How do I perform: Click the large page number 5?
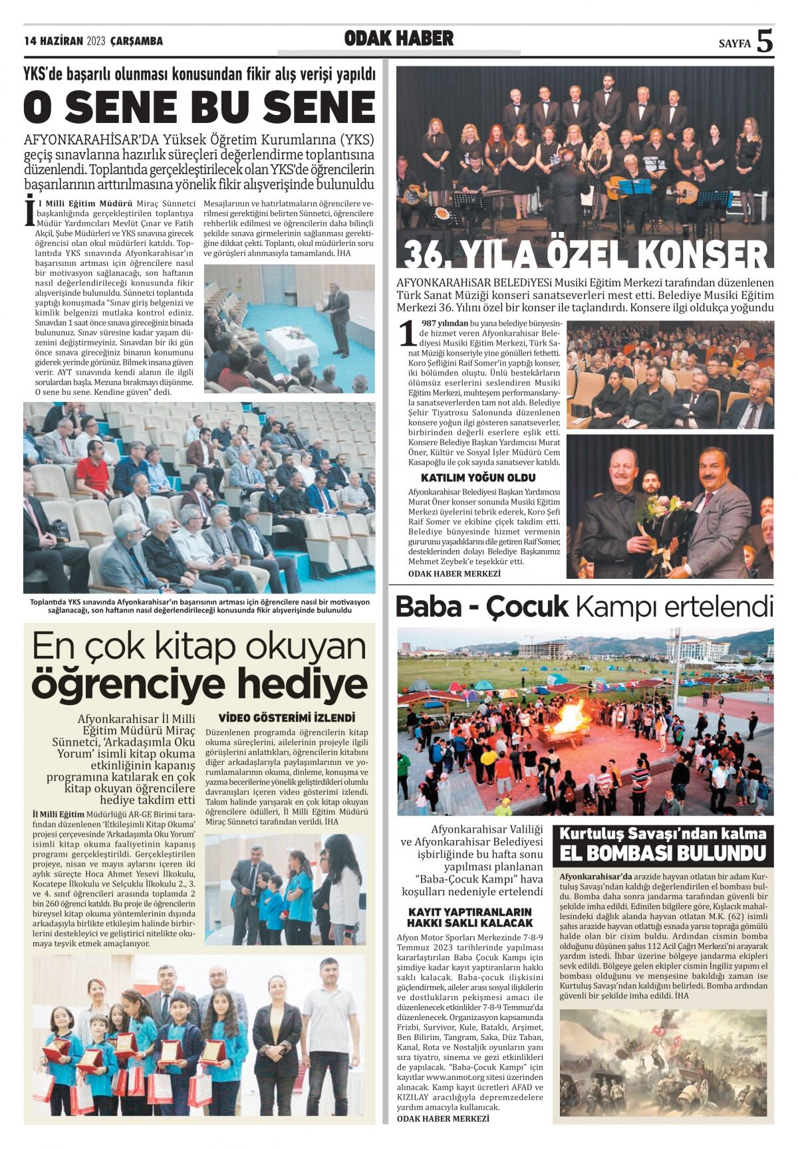pos(765,41)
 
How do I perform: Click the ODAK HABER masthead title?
pos(399,39)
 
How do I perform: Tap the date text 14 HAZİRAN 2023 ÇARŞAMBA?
pos(93,41)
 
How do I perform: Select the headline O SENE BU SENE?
pos(199,106)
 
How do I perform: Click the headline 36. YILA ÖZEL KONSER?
pos(585,253)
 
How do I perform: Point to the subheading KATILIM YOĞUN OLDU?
pos(478,478)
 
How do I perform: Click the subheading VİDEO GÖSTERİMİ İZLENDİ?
pos(287,718)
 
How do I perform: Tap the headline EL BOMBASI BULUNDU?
pos(663,853)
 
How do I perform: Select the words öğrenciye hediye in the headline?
pos(199,684)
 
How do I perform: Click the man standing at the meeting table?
pos(339,319)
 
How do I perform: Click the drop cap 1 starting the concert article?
pos(406,334)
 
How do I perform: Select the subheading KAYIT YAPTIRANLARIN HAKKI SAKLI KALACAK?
pos(469,917)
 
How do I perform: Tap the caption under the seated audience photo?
pos(199,606)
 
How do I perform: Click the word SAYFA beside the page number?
pos(734,44)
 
